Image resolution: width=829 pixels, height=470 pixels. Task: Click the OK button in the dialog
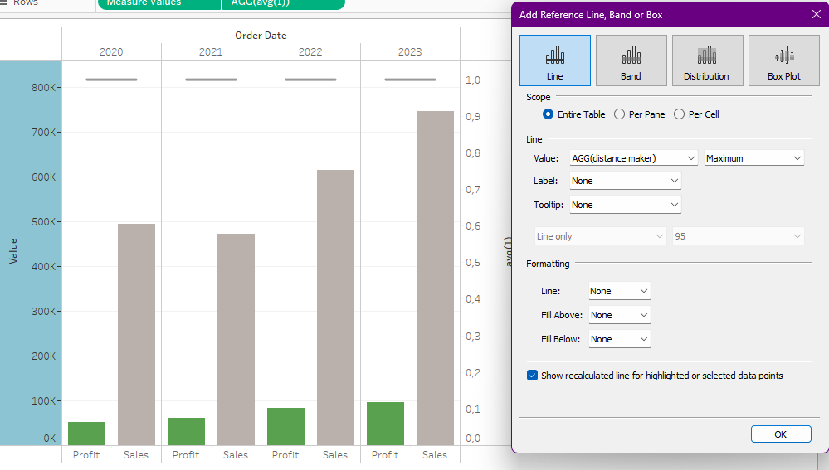click(780, 434)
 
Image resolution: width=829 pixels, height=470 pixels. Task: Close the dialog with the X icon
click(816, 15)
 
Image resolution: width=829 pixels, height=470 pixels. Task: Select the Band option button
click(631, 61)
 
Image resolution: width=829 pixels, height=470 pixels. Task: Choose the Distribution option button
click(706, 61)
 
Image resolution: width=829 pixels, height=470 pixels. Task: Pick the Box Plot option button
click(784, 61)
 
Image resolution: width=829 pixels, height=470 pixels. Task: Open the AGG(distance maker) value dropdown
click(634, 158)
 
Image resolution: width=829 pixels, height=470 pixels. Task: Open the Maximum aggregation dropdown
click(754, 158)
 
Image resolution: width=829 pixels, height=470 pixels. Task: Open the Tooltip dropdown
click(626, 205)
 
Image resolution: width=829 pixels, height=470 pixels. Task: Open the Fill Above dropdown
click(619, 315)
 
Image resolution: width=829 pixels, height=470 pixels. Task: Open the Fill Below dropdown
click(619, 339)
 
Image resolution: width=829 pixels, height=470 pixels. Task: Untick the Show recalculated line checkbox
click(533, 376)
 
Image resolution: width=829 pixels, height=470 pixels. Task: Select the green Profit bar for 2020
click(86, 434)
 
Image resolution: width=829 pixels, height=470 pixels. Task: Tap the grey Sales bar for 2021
click(236, 339)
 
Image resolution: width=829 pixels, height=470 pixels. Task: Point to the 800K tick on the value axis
click(43, 88)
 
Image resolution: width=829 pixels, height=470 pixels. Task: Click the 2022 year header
click(310, 51)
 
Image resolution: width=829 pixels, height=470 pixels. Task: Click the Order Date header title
click(261, 36)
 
